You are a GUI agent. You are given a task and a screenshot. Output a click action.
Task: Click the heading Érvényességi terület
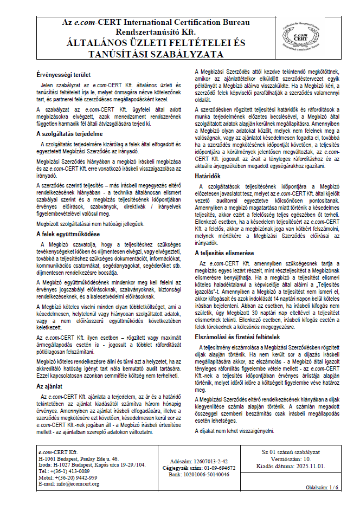[63, 74]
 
